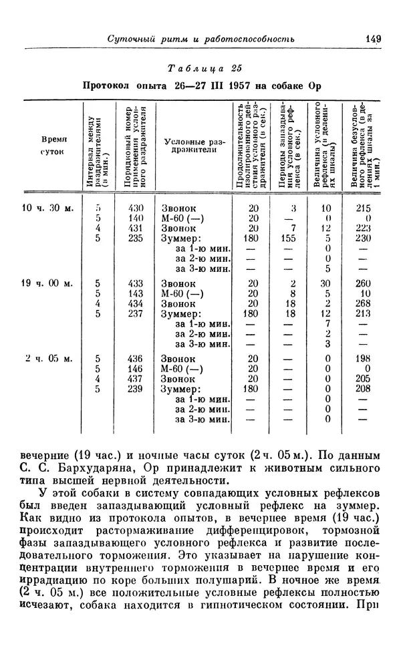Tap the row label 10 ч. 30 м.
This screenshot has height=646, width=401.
coord(49,208)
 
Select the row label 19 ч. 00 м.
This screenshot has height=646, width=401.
coord(49,283)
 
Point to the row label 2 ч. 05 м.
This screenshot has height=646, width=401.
coord(49,358)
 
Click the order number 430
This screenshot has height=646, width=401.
coord(136,208)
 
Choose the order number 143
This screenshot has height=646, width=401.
coord(136,293)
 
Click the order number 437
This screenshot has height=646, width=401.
coord(136,378)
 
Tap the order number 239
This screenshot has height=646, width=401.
coord(136,388)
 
